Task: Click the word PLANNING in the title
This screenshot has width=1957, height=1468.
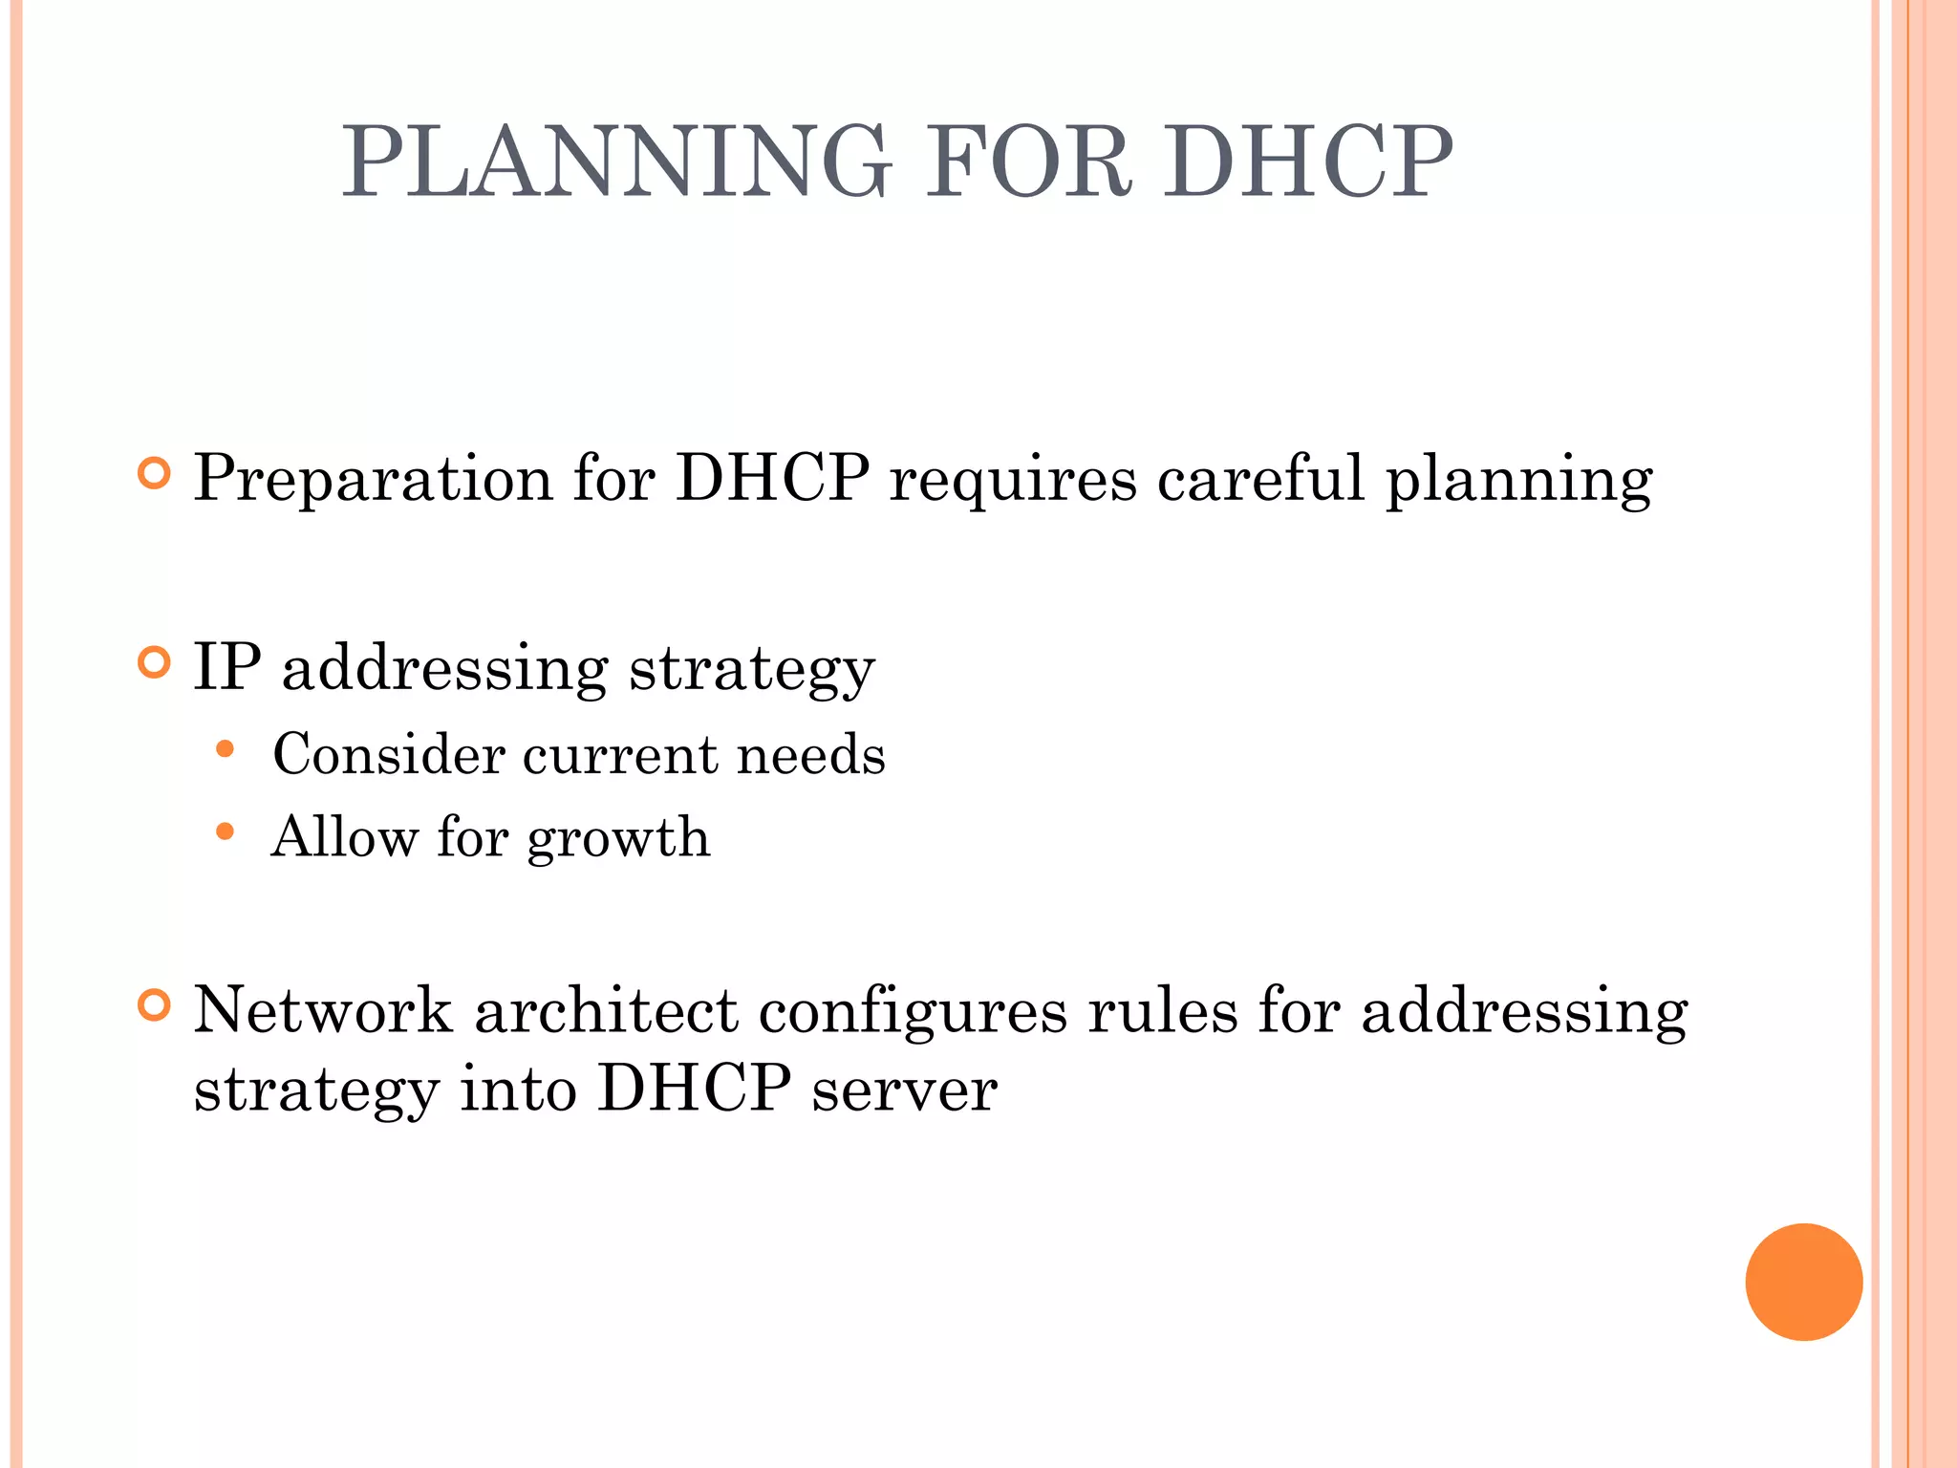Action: coord(616,162)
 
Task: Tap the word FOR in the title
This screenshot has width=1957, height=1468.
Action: coord(1028,162)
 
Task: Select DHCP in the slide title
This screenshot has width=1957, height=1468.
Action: coord(1306,162)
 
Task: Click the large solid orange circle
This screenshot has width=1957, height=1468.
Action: coord(1803,1282)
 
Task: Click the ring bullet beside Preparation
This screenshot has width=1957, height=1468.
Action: coord(154,473)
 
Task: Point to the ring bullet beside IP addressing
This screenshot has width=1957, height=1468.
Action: coord(154,662)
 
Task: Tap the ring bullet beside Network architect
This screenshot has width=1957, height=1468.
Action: coord(154,1005)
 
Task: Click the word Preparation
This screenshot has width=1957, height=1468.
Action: coord(373,478)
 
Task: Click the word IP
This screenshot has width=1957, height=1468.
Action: coord(227,666)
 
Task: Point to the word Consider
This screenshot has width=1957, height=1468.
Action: coord(388,754)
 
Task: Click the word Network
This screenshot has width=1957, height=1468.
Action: coord(323,1010)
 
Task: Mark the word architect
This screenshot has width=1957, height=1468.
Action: coord(607,1010)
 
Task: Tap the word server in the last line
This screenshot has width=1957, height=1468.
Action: coord(904,1090)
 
